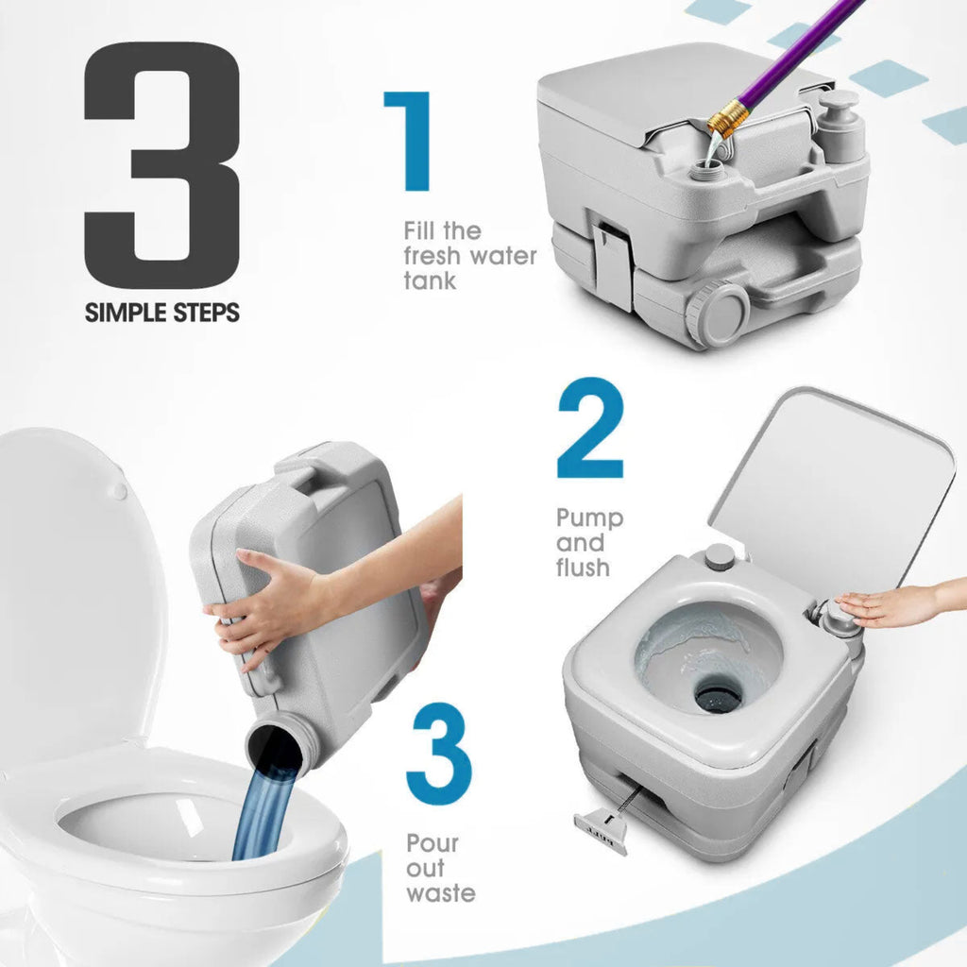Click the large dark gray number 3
coord(161,164)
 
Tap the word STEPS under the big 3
coord(206,313)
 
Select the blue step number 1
coord(410,142)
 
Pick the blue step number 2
coord(590,428)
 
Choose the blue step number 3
coord(438,751)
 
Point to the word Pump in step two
coord(589,519)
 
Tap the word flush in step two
coord(583,567)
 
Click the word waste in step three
coord(440,893)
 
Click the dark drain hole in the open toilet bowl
coord(719,696)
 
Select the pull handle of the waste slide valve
coord(600,832)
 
